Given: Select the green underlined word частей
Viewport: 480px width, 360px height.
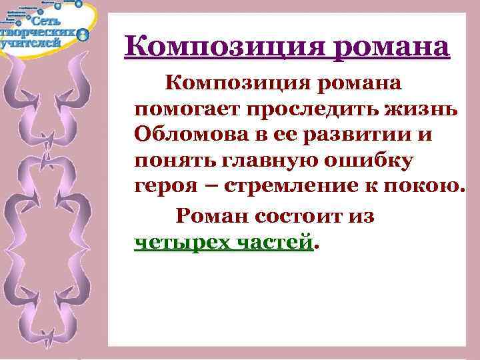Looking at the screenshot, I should click(273, 241).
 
